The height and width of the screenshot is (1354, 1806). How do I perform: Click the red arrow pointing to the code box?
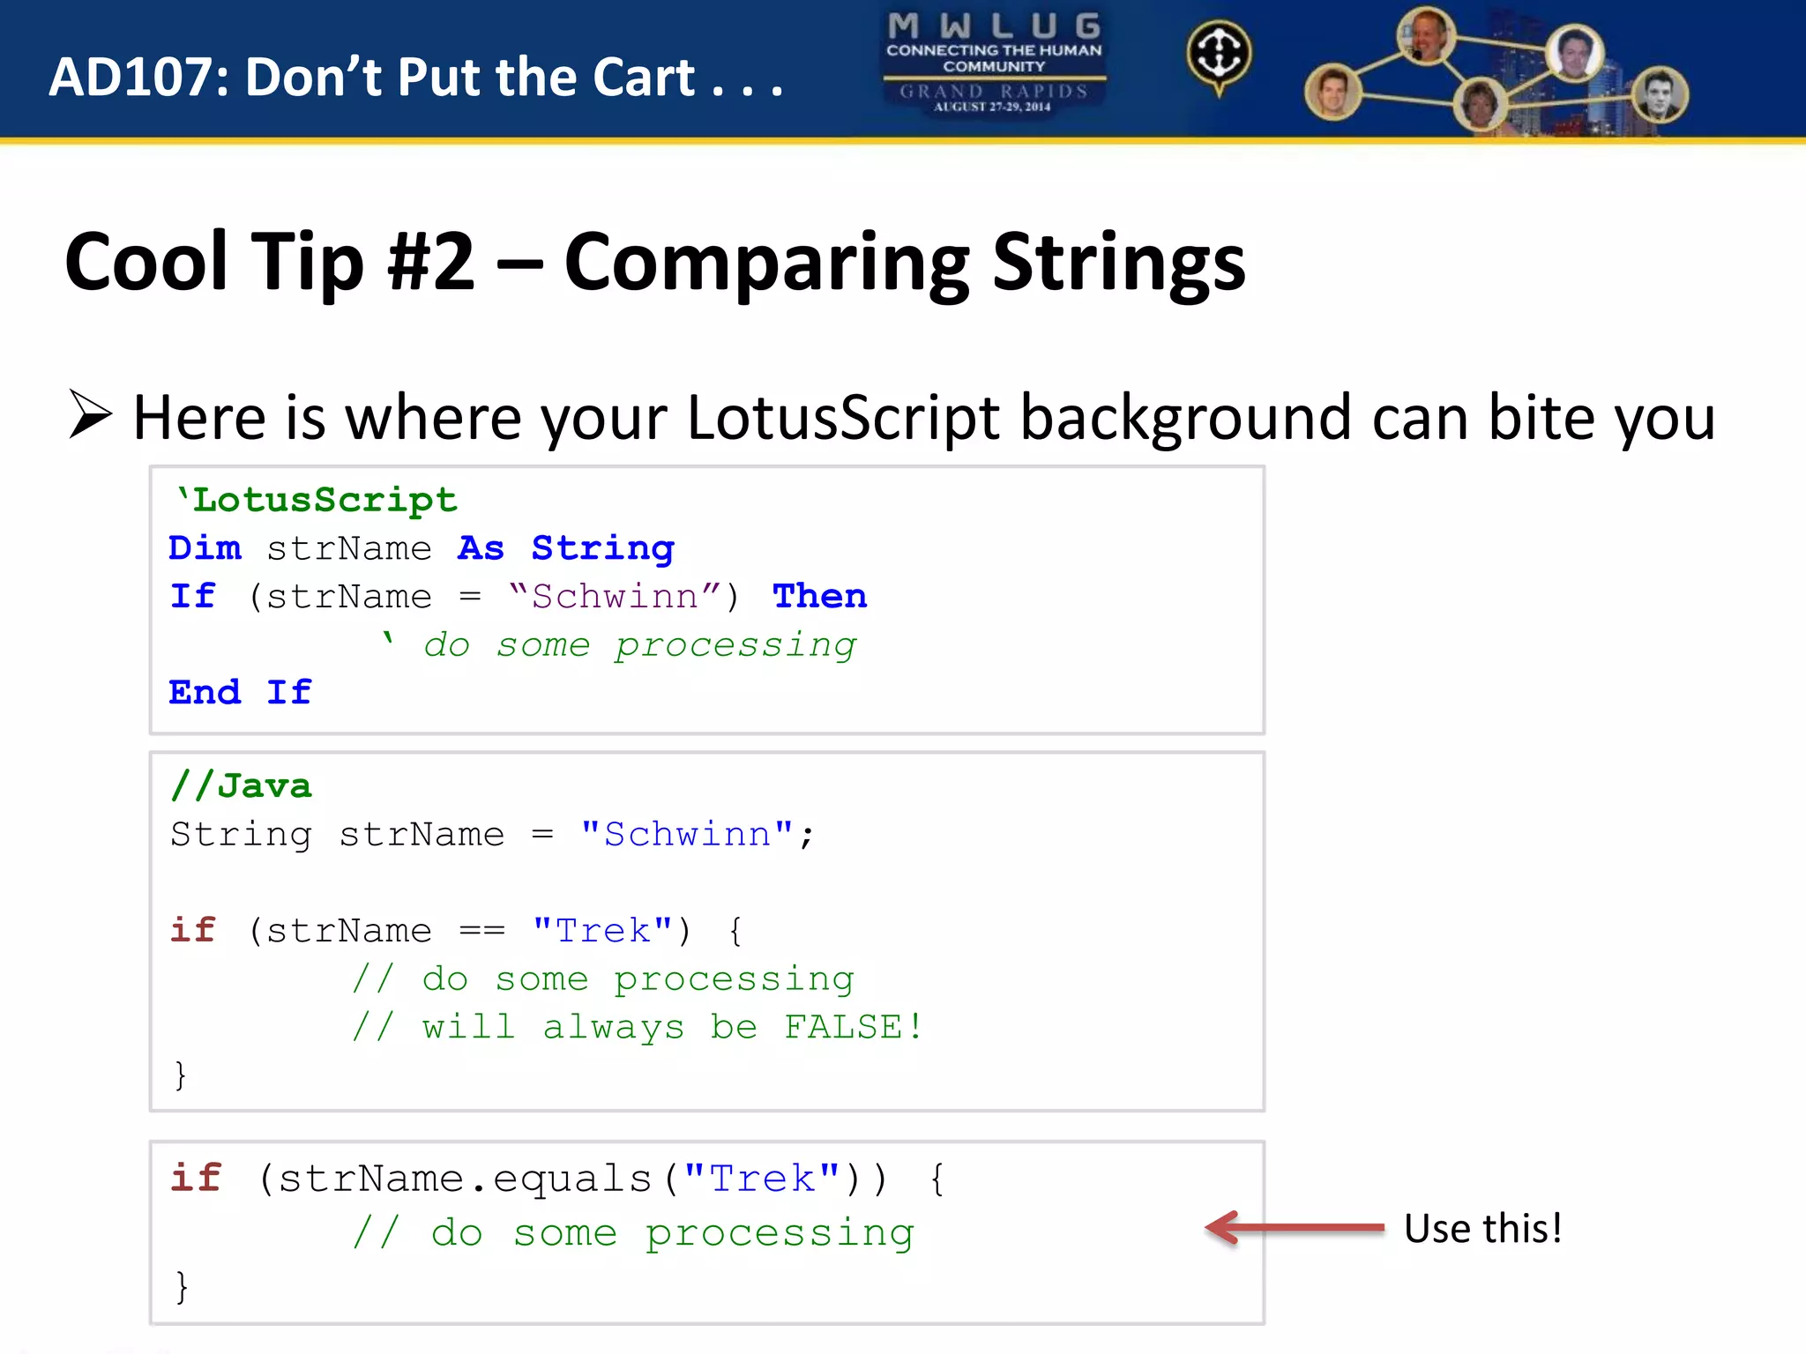click(1294, 1228)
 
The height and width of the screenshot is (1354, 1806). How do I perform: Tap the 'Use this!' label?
click(1482, 1229)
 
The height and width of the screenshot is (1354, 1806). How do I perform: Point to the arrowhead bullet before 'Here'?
click(90, 415)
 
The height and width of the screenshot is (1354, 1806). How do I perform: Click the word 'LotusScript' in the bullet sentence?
click(842, 417)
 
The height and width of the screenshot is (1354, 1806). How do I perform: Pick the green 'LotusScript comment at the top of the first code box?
click(317, 501)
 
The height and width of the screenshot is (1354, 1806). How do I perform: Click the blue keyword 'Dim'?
click(205, 548)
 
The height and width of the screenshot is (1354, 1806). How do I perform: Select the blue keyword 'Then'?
click(819, 597)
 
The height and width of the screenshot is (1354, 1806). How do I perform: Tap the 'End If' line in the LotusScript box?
click(240, 693)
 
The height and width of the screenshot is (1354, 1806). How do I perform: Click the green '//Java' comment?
click(241, 785)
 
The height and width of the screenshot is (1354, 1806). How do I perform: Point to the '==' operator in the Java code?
click(481, 931)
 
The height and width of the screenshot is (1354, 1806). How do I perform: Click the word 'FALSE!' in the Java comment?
click(853, 1027)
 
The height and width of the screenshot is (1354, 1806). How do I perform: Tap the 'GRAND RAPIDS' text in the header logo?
click(994, 91)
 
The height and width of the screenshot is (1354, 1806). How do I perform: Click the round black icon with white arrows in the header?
click(1218, 53)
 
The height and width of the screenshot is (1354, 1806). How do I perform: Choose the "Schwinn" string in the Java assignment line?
click(687, 834)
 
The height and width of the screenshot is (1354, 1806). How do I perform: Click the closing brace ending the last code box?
click(182, 1287)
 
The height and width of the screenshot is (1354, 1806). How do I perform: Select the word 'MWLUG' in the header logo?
click(994, 26)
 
